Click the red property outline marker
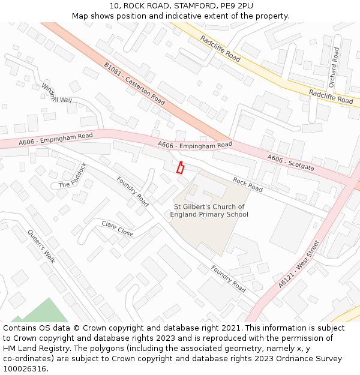[179, 167]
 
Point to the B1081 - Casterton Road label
[134, 83]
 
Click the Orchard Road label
[334, 67]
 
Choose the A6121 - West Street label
[299, 264]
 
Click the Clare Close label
[117, 229]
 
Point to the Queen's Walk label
[41, 246]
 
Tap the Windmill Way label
[56, 94]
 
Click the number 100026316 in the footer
[25, 368]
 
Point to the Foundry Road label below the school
[228, 278]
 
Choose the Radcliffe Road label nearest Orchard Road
[331, 97]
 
